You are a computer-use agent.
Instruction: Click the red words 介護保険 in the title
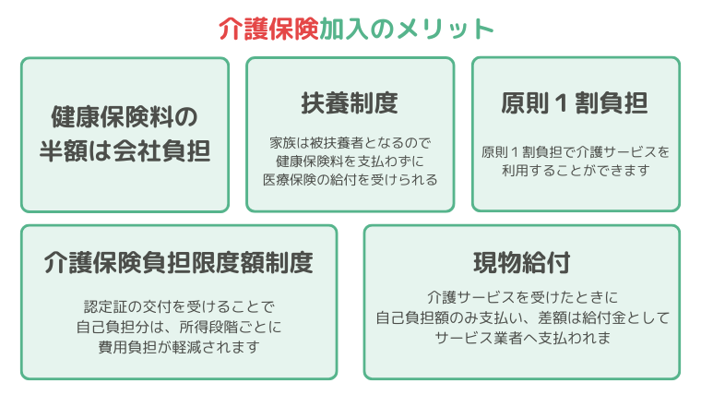(268, 30)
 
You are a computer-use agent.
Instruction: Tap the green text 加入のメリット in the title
(407, 30)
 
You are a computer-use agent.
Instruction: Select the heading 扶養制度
(350, 102)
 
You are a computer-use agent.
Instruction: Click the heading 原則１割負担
(575, 102)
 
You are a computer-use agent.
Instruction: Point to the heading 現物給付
(522, 263)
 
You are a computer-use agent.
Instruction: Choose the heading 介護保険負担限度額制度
(179, 263)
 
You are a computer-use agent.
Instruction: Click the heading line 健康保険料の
(125, 117)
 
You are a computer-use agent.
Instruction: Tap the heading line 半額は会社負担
(125, 150)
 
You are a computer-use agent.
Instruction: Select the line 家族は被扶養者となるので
(350, 143)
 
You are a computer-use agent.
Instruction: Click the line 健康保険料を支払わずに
(350, 161)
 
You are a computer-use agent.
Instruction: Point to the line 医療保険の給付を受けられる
(350, 180)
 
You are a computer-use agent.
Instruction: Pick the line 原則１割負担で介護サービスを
(576, 152)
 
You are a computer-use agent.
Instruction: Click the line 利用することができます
(576, 171)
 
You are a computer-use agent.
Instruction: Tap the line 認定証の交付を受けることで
(179, 307)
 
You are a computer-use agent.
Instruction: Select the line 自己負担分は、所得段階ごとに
(179, 327)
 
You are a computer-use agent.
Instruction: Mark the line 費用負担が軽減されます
(179, 347)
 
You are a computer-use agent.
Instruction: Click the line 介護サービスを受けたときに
(522, 297)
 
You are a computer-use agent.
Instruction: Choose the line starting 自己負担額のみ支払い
(522, 317)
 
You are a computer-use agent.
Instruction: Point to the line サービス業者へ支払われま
(522, 338)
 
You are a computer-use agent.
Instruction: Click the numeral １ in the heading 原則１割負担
(562, 103)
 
